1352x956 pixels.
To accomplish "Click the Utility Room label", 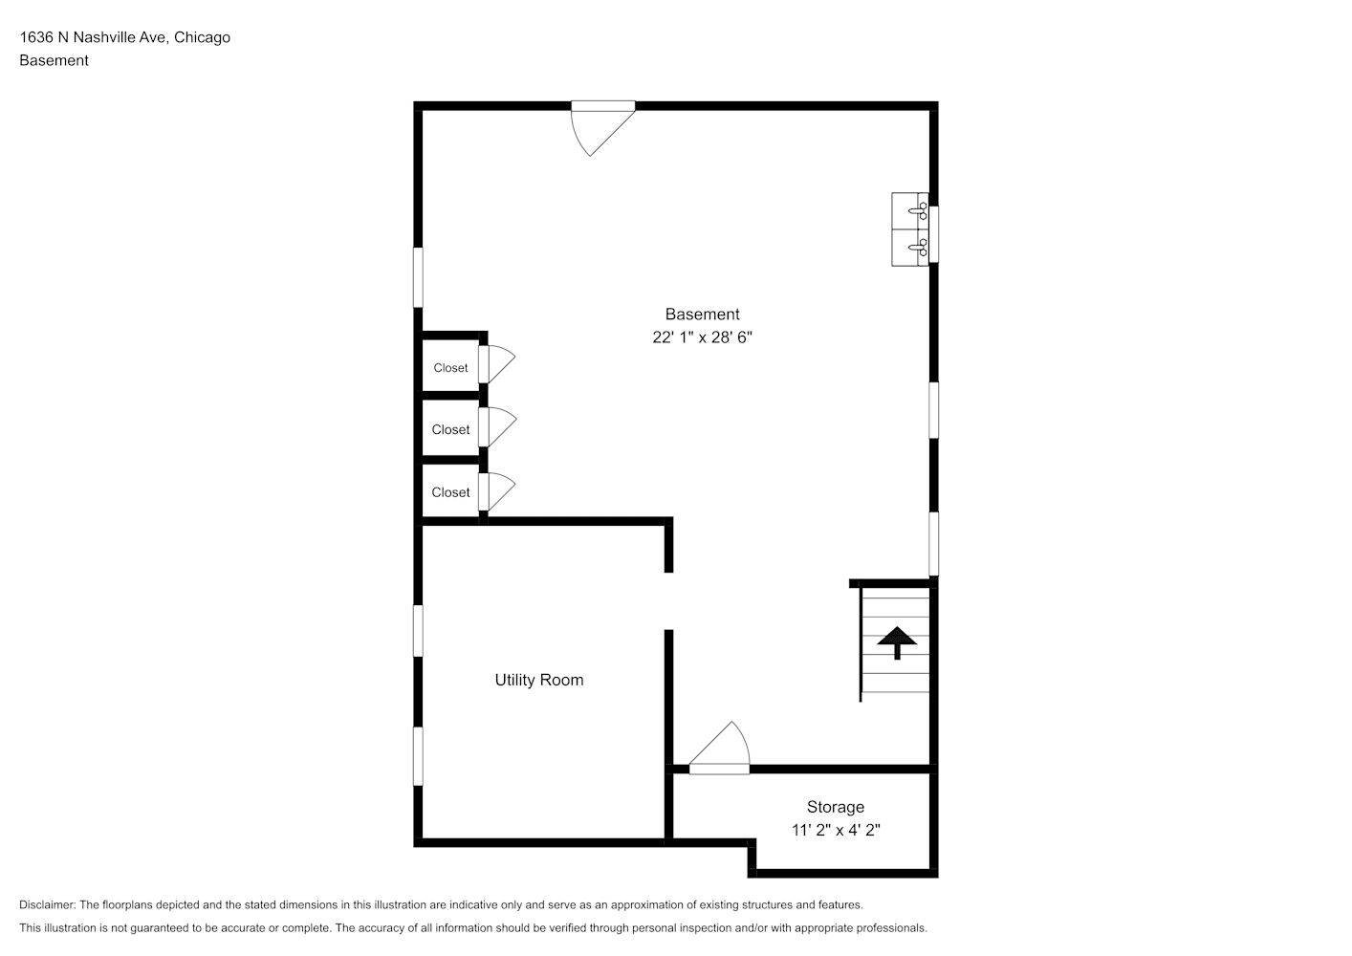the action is tap(539, 680).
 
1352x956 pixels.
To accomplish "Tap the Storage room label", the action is tap(836, 808).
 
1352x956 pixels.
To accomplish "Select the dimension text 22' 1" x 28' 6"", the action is tap(702, 337).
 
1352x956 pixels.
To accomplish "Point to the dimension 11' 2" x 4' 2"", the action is tap(836, 831).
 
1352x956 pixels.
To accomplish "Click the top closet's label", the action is tap(451, 368).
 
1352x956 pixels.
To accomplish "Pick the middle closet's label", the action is tap(451, 429).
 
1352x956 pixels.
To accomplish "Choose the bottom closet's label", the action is tap(451, 492).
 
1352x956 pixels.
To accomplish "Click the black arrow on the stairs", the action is tap(897, 642).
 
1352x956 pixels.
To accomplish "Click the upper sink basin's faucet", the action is tap(918, 211).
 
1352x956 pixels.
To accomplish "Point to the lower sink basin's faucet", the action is tap(918, 248).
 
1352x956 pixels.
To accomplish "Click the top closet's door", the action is tap(497, 364).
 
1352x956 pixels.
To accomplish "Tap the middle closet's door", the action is tap(497, 427).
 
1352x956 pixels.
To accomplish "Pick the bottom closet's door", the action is tap(497, 492).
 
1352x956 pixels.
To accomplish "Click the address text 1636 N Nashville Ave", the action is tap(93, 37).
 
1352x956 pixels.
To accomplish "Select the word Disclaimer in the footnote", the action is tap(48, 904).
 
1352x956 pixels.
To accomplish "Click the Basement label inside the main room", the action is tap(702, 315).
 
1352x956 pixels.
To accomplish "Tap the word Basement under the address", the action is tap(54, 60).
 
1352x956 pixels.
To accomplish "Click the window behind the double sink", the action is tap(934, 235).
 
